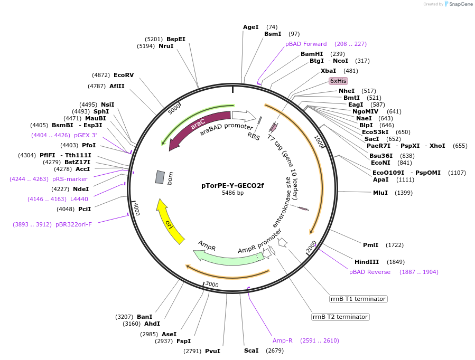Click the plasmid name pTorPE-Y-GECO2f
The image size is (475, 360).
[x=232, y=185]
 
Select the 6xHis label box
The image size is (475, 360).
[x=338, y=81]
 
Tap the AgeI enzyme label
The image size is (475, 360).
[x=251, y=27]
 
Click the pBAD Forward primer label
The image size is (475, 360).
[x=306, y=44]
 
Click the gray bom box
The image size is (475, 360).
[x=160, y=177]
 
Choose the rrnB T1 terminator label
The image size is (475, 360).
[x=358, y=299]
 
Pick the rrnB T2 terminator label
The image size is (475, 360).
[x=340, y=317]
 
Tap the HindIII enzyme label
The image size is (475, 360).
[x=367, y=262]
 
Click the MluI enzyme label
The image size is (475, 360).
[x=380, y=193]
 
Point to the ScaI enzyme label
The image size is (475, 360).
[x=252, y=350]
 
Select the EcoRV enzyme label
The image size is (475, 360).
[x=124, y=75]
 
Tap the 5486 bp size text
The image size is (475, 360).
[x=232, y=193]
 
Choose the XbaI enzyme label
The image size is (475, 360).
[x=328, y=71]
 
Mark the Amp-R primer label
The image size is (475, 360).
[x=283, y=340]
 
